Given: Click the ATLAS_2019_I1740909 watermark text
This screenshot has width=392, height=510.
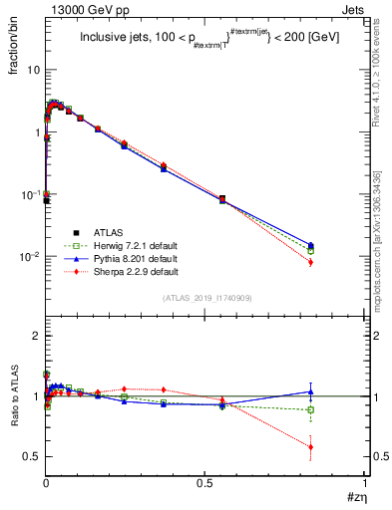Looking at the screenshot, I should (205, 298).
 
